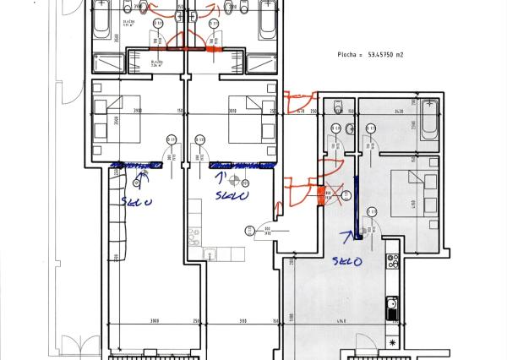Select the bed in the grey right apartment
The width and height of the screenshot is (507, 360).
point(417,194)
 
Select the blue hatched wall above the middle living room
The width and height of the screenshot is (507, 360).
point(243,166)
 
